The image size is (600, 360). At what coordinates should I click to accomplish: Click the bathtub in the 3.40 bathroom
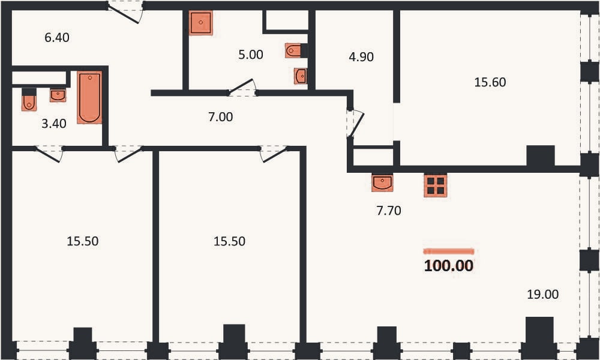coord(89,97)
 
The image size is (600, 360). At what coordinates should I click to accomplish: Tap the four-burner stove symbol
coord(436,185)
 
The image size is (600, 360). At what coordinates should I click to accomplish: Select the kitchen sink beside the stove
coord(382,182)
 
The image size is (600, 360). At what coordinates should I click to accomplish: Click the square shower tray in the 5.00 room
coord(200,23)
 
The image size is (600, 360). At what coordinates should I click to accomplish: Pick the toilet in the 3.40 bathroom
coord(29,100)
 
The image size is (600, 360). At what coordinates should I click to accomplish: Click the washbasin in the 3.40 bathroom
coord(58,95)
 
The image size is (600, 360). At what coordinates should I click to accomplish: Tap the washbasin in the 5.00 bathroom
coord(301,76)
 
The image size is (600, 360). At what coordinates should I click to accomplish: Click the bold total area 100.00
coord(448,266)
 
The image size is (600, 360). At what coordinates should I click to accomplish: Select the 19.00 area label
coord(542,294)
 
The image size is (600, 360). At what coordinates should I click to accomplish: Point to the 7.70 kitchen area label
coord(389,211)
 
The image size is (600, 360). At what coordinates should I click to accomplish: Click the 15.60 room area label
coord(490,82)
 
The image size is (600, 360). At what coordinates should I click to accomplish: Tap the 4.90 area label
coord(361,56)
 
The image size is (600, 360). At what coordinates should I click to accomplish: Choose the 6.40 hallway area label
coord(57,37)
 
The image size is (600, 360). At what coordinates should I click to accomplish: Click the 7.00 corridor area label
coord(220,116)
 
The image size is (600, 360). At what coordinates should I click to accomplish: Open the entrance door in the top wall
coord(125,12)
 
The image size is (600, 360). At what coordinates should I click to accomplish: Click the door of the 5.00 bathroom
coord(242,88)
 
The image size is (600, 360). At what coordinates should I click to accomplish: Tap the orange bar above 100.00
coord(448,251)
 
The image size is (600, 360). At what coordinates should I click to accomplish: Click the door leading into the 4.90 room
coord(355,123)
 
